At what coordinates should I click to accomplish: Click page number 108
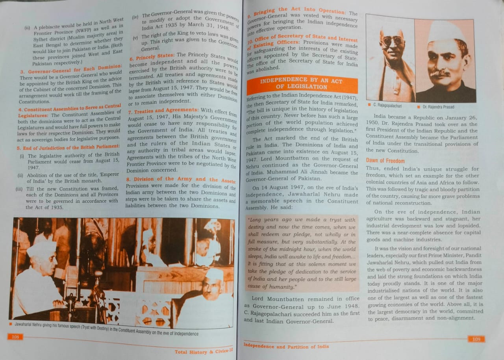tap(15, 337)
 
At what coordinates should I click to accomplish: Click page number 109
tap(476, 339)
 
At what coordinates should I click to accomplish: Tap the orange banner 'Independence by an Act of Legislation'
tap(302, 84)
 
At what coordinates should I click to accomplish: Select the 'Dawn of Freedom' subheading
tap(385, 161)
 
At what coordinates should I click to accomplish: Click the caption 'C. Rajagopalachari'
tap(387, 106)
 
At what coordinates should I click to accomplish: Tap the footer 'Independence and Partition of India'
tap(286, 346)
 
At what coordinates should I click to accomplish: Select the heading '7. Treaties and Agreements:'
tap(163, 111)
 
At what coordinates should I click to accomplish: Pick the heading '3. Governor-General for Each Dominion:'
tap(71, 69)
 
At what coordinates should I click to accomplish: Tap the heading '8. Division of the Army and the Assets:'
tap(181, 179)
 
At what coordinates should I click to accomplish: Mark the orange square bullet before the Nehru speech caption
tap(10, 324)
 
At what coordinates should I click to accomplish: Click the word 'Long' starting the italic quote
tap(255, 219)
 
